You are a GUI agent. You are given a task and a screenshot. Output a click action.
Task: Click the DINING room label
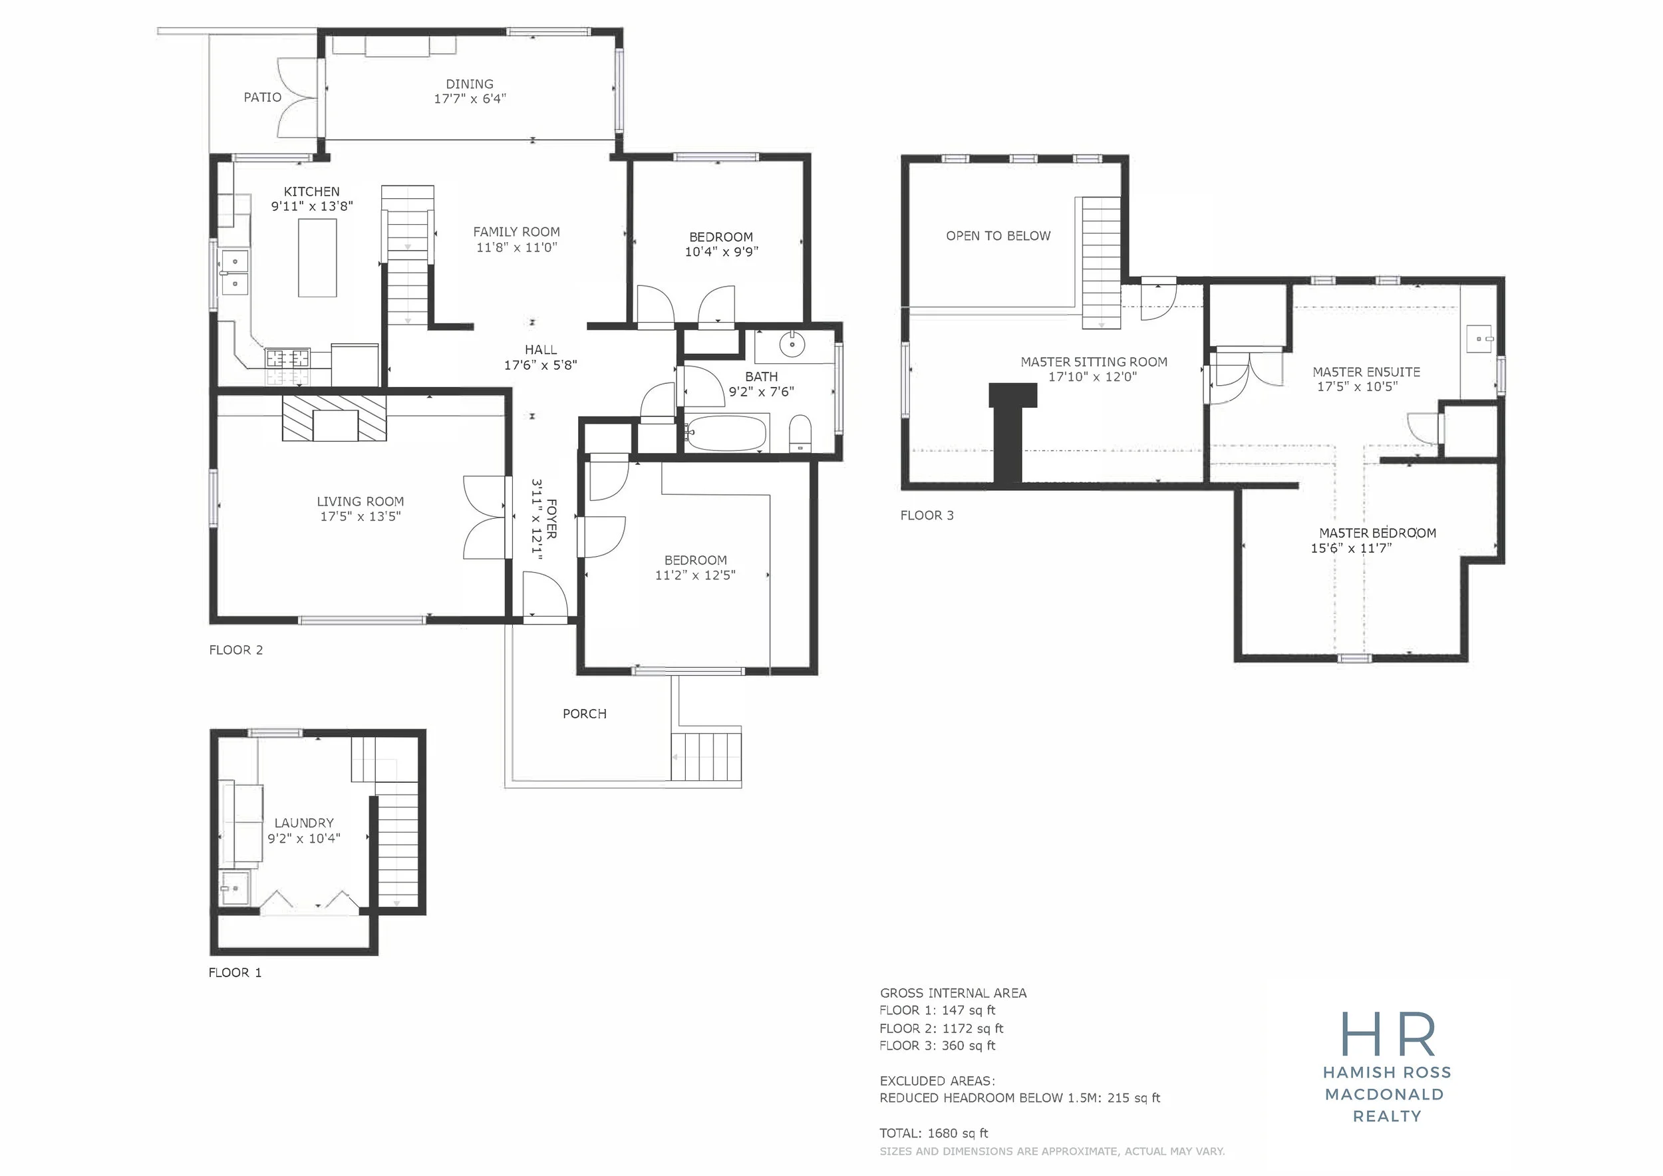click(470, 84)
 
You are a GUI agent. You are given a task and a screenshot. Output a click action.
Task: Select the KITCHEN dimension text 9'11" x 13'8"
click(312, 206)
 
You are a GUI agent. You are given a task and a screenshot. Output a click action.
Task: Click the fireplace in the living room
click(335, 418)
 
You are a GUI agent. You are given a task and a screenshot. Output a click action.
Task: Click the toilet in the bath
click(800, 433)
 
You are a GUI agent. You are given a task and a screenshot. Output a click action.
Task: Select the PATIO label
click(262, 97)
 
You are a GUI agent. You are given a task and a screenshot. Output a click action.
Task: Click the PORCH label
click(585, 713)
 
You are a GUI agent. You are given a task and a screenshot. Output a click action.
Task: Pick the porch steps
click(706, 756)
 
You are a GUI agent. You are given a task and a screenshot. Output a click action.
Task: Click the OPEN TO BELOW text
click(998, 235)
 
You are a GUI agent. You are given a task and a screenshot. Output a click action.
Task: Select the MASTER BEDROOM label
click(1378, 533)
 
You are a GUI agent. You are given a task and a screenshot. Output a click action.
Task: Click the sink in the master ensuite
click(1480, 338)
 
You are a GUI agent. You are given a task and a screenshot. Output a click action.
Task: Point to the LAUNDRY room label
click(304, 823)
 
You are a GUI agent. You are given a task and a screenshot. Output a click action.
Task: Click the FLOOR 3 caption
click(927, 515)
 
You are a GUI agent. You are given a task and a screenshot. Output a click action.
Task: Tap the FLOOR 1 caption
click(235, 972)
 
